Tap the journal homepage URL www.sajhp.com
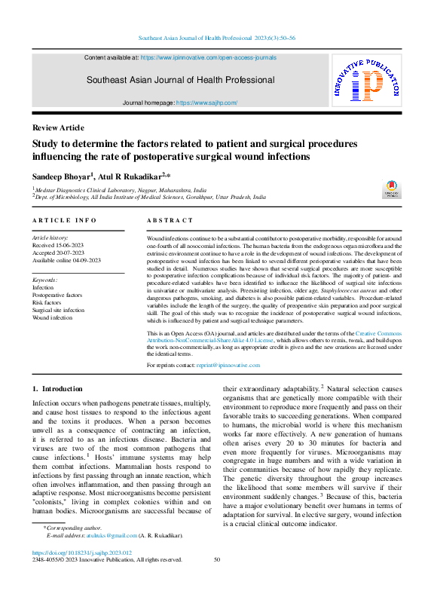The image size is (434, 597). coord(206,102)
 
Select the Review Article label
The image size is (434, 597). coord(58,127)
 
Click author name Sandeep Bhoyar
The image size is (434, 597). coord(60,175)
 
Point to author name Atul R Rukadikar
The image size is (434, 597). coord(129,175)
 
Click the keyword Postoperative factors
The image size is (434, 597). coord(57,295)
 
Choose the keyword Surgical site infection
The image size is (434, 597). coord(58,310)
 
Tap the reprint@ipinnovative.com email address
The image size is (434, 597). coord(229,365)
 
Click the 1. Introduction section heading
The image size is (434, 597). coord(57,389)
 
